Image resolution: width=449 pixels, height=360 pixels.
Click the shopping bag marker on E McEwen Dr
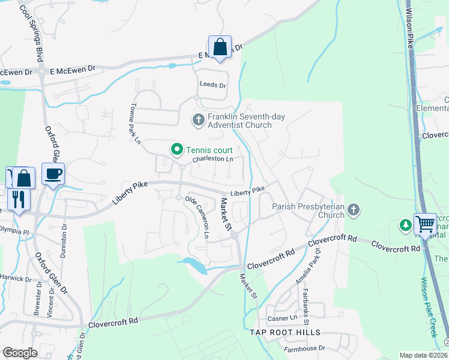click(220, 47)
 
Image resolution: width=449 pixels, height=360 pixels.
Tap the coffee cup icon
click(53, 174)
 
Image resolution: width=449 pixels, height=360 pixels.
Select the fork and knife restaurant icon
click(19, 199)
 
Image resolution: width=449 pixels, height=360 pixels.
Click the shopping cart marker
click(425, 224)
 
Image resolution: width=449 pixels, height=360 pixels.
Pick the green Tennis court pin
click(177, 149)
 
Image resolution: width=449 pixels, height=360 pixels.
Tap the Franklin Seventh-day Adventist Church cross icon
click(199, 121)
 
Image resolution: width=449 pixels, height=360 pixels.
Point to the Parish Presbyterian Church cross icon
click(354, 210)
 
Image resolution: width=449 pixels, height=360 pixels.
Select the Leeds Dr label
click(212, 85)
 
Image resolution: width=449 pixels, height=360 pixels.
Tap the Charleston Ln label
click(212, 160)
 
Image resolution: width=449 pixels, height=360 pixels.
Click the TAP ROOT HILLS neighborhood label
click(282, 332)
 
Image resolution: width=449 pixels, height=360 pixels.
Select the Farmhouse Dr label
click(304, 348)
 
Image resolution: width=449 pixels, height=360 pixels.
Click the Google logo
click(20, 353)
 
